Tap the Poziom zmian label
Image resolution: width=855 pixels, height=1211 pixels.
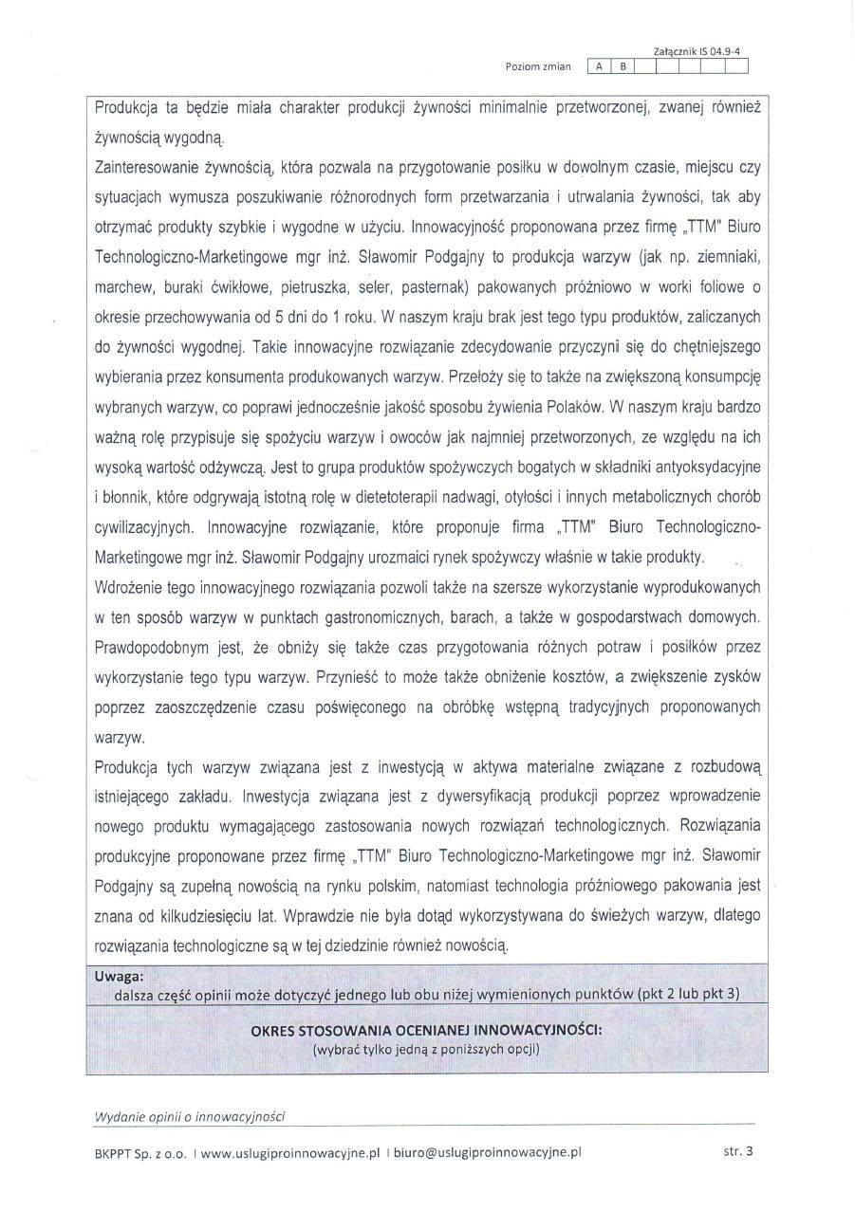540,66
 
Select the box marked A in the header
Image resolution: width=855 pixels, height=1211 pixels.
600,66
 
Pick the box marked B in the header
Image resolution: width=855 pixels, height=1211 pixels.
623,66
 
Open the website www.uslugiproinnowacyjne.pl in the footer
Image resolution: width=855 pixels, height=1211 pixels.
289,1153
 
